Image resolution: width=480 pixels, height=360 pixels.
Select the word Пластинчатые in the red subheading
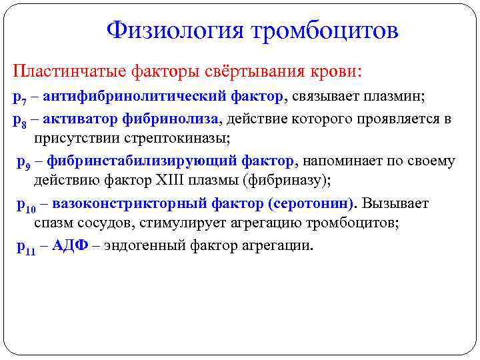[x=60, y=70]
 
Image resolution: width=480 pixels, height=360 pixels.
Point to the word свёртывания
[x=253, y=70]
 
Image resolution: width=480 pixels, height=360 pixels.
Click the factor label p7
[x=19, y=97]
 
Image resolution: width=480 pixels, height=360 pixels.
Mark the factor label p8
[x=19, y=120]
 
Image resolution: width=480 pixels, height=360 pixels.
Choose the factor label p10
[x=26, y=205]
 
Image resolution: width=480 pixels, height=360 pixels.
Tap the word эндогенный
[x=138, y=245]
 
